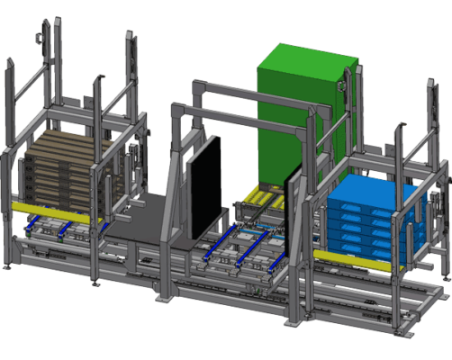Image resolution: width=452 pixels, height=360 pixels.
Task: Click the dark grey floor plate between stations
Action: coord(149,216)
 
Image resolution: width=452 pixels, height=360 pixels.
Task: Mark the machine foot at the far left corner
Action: coord(6,266)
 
